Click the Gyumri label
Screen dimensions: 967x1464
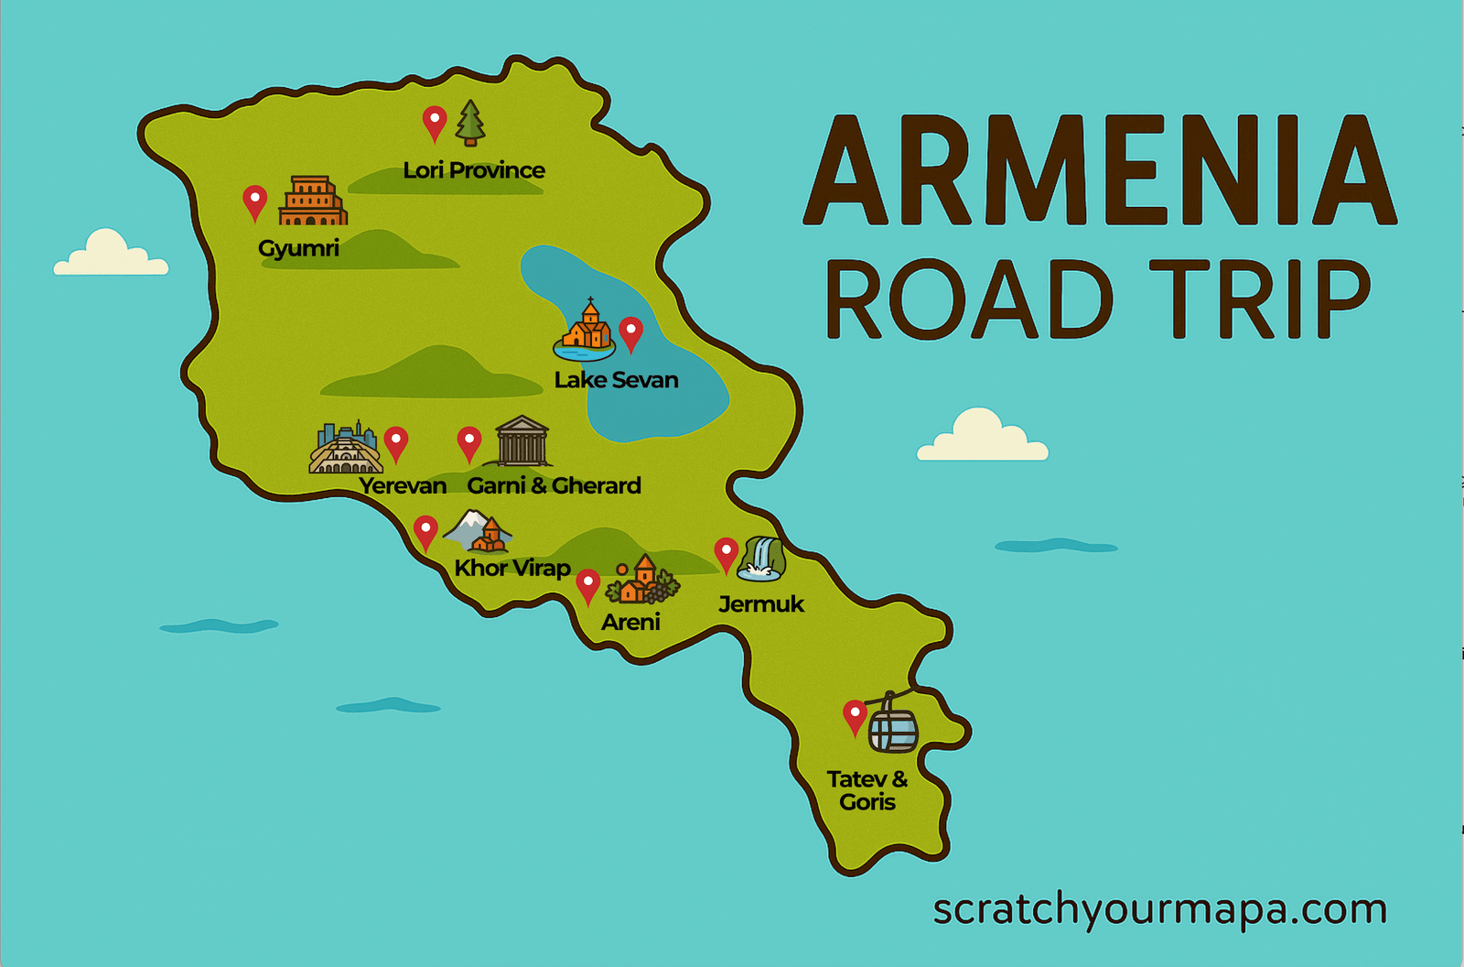298,248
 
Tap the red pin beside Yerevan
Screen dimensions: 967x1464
396,443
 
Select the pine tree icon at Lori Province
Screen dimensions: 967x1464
470,124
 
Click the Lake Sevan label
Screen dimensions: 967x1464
616,380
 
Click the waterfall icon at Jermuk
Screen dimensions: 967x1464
762,559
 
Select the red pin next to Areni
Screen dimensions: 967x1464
587,586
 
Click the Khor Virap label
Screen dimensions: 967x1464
512,569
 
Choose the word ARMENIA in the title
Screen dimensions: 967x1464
1100,172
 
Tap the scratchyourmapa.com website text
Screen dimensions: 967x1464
1159,909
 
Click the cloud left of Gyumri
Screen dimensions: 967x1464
110,255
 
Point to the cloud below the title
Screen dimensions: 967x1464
982,437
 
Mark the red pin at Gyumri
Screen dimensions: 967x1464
254,202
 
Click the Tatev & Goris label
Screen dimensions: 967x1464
867,790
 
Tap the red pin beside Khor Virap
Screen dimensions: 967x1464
425,532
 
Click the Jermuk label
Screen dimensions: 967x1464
760,604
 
